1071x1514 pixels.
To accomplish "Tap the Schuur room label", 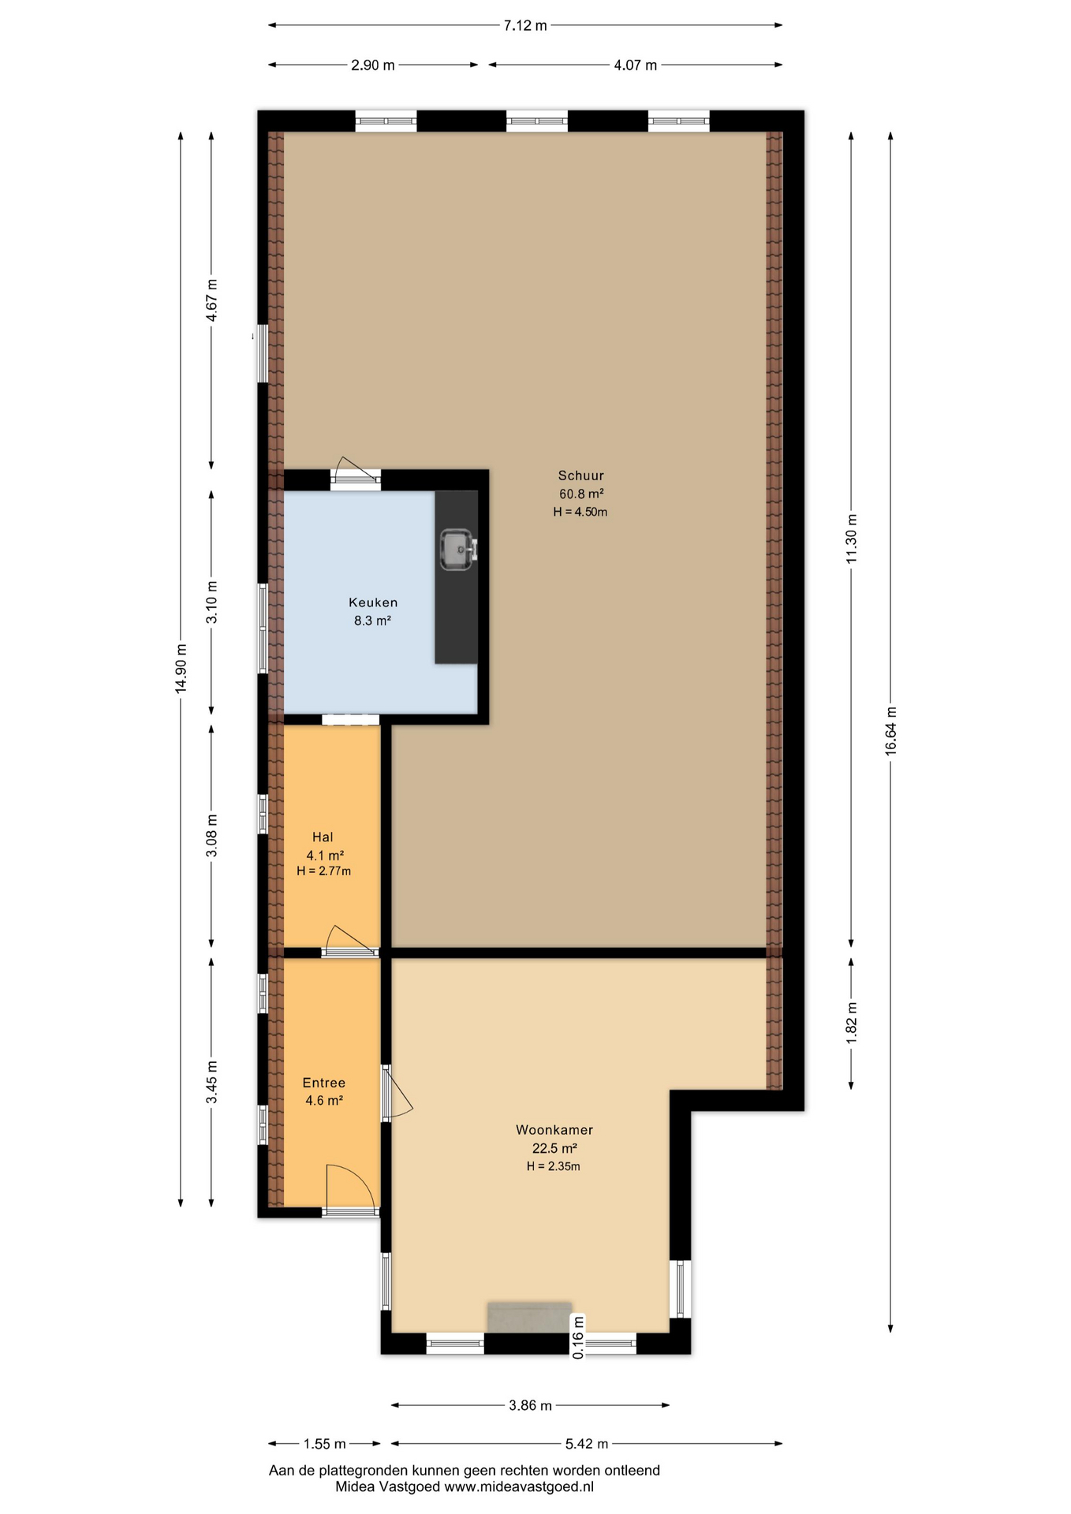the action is pyautogui.click(x=581, y=475).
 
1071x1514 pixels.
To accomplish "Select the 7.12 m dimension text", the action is pyautogui.click(x=525, y=25).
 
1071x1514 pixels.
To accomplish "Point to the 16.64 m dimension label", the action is pyautogui.click(x=891, y=731).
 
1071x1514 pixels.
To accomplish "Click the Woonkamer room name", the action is pyautogui.click(x=554, y=1130).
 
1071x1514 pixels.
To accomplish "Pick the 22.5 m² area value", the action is pyautogui.click(x=554, y=1148).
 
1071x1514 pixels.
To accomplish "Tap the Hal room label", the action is pyautogui.click(x=323, y=837).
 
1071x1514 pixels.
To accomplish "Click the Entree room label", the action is pyautogui.click(x=324, y=1083).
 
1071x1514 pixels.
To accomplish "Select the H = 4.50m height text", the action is pyautogui.click(x=580, y=512).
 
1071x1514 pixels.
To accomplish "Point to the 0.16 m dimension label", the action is pyautogui.click(x=579, y=1337).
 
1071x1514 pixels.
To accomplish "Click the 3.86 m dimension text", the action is pyautogui.click(x=530, y=1405).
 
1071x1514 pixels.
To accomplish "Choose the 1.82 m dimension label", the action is pyautogui.click(x=852, y=1023).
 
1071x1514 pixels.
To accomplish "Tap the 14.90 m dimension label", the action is pyautogui.click(x=181, y=669).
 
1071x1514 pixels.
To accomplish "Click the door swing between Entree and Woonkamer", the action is pyautogui.click(x=398, y=1092).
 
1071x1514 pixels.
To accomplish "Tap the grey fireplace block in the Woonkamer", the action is pyautogui.click(x=529, y=1317).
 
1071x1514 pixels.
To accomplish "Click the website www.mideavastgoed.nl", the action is pyautogui.click(x=519, y=1486).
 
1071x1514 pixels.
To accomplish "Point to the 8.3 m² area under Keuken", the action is pyautogui.click(x=372, y=621).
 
